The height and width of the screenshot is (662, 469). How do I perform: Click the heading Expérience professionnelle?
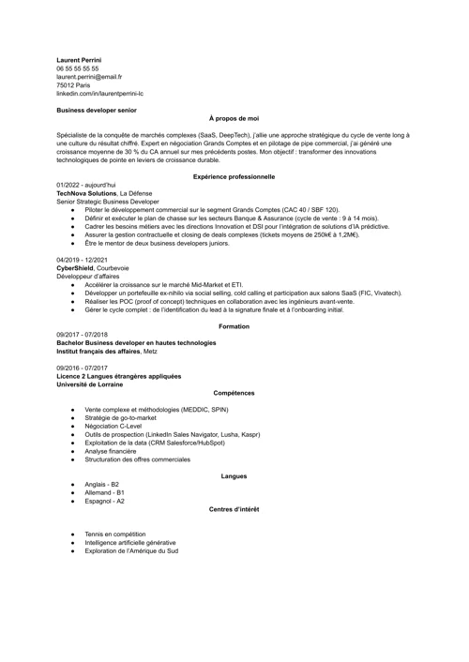click(x=234, y=176)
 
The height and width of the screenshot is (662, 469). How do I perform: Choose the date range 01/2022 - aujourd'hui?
click(x=85, y=185)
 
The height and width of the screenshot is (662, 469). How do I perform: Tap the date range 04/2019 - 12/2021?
click(x=82, y=258)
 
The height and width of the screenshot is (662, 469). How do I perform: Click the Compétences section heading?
click(x=234, y=392)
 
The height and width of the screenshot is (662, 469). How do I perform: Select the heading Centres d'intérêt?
click(x=234, y=509)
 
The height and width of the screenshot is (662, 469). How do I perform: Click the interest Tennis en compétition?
click(x=118, y=534)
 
